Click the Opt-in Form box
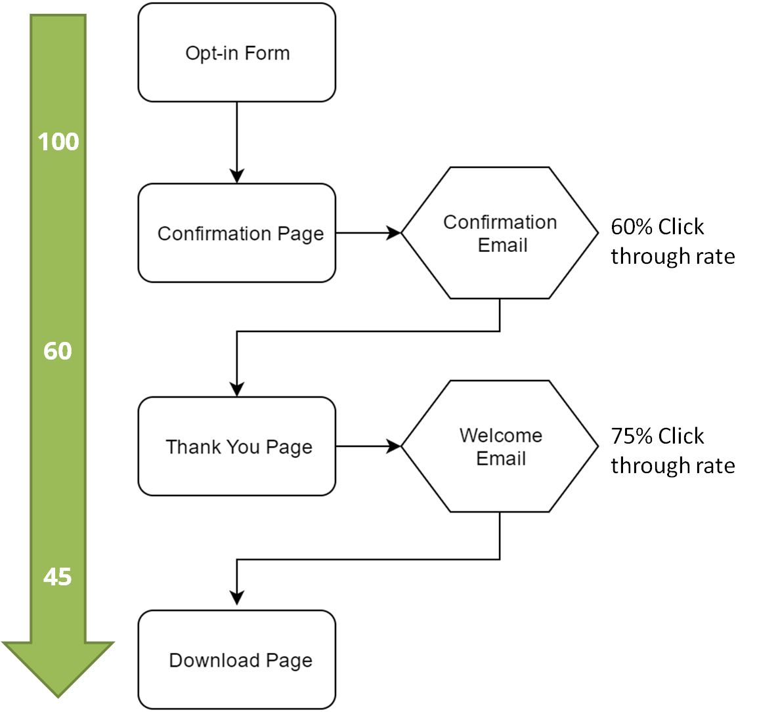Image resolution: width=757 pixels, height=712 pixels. pyautogui.click(x=236, y=52)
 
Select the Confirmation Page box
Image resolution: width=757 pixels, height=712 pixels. pyautogui.click(x=236, y=233)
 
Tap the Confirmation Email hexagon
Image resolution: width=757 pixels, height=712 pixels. pyautogui.click(x=500, y=233)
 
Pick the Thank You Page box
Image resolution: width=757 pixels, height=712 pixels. pyautogui.click(x=236, y=446)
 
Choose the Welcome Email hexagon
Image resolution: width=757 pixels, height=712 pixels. pyautogui.click(x=500, y=446)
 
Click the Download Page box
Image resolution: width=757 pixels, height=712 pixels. pyautogui.click(x=236, y=660)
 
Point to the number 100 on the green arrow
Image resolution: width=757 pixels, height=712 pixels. pyautogui.click(x=58, y=142)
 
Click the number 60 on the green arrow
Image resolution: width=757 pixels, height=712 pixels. pyautogui.click(x=58, y=350)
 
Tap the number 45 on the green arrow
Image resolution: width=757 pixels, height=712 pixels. pyautogui.click(x=58, y=576)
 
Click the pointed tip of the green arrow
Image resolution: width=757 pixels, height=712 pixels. pyautogui.click(x=58, y=698)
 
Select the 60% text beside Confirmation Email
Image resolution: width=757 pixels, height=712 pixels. pyautogui.click(x=630, y=226)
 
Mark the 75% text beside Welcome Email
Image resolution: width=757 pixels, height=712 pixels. pyautogui.click(x=630, y=436)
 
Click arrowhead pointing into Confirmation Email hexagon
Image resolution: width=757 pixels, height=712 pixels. pyautogui.click(x=394, y=233)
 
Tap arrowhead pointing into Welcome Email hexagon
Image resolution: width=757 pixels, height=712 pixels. pyautogui.click(x=394, y=446)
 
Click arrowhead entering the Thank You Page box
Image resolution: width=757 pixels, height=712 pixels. pyautogui.click(x=236, y=389)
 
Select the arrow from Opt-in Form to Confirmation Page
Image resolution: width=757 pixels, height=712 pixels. pyautogui.click(x=236, y=143)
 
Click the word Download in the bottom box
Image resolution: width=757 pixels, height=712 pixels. pyautogui.click(x=214, y=660)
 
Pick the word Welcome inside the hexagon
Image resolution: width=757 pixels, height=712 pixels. pyautogui.click(x=501, y=435)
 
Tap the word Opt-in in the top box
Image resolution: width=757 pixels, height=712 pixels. pyautogui.click(x=211, y=54)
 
